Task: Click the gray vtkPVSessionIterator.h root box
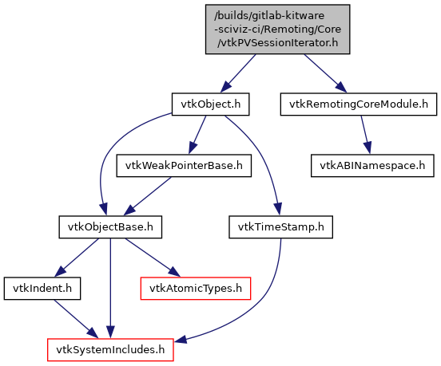[277, 30]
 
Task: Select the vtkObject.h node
[210, 104]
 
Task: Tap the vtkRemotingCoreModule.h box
[359, 104]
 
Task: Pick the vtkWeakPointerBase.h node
[184, 166]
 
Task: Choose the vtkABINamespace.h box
[372, 166]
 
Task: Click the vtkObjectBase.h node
[110, 227]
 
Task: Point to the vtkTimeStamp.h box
[280, 227]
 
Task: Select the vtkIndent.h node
[42, 289]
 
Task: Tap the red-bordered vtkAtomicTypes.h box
[196, 289]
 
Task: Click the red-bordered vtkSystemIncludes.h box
[110, 350]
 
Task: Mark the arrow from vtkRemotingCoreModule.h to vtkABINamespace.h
[366, 135]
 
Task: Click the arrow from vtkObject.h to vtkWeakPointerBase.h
[197, 135]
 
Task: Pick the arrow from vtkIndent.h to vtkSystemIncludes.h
[76, 319]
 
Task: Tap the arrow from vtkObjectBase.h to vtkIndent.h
[77, 258]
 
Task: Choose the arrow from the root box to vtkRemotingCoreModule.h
[325, 73]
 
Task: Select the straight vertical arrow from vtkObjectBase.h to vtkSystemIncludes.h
[110, 289]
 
